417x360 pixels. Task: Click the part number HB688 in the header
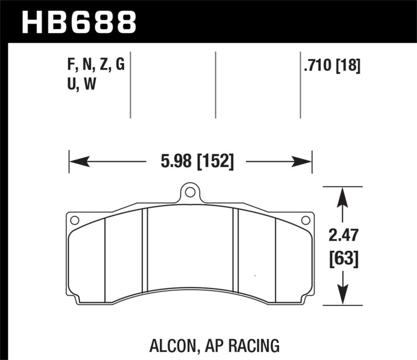[x=78, y=22]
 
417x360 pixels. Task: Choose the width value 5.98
[x=176, y=162]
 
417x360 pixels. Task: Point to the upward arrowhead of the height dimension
[x=342, y=194]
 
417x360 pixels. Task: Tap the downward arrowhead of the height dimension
[x=342, y=297]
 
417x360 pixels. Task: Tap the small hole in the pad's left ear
[x=74, y=220]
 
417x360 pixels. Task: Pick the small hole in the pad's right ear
[x=306, y=220]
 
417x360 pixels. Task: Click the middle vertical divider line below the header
[x=215, y=85]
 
